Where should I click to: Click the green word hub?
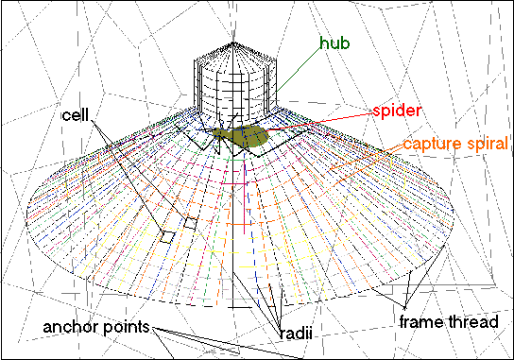(334, 43)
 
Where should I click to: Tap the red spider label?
(397, 111)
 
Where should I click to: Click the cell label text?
(76, 115)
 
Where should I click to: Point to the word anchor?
(71, 327)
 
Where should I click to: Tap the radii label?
(296, 334)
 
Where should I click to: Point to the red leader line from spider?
(319, 122)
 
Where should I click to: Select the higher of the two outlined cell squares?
(191, 223)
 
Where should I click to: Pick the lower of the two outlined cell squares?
(167, 237)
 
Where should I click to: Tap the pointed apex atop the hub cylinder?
(233, 42)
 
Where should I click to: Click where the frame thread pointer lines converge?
(405, 307)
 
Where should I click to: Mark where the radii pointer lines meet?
(280, 327)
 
